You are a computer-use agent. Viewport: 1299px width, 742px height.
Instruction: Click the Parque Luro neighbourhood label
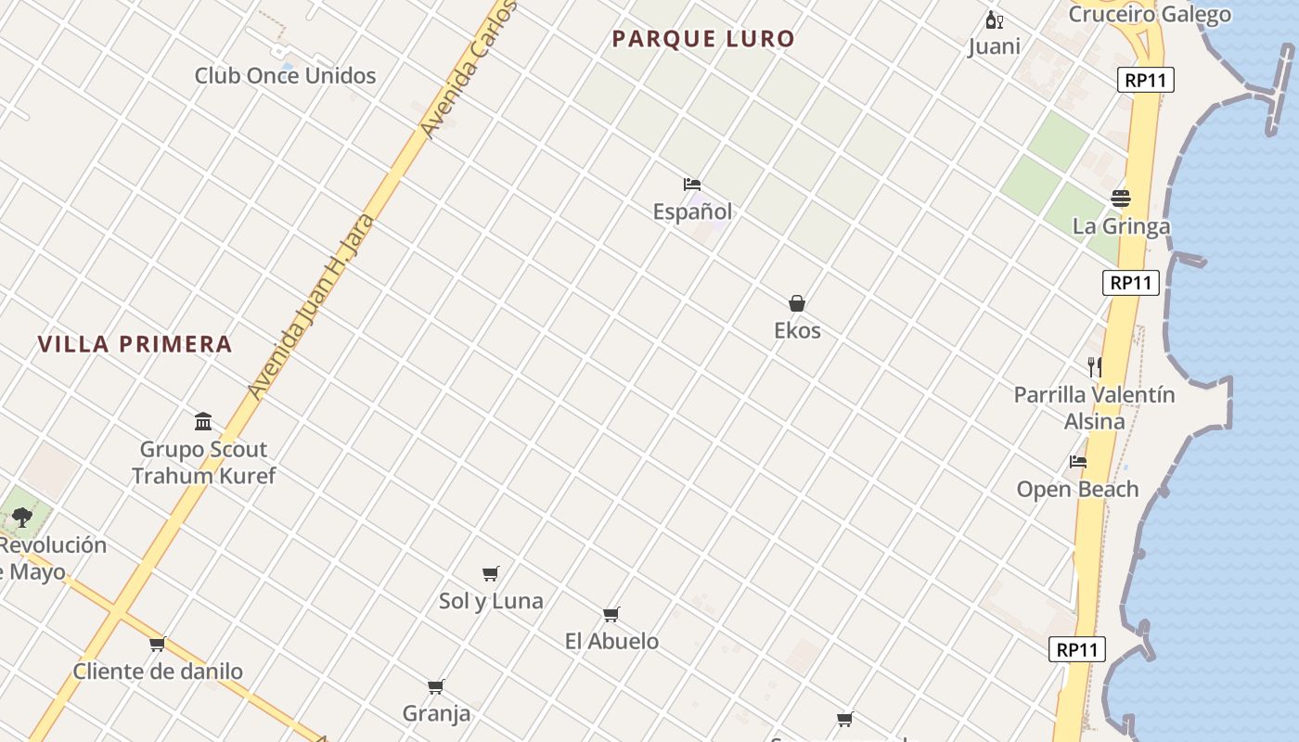[x=703, y=39]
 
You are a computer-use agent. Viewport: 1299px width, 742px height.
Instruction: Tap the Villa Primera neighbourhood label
[x=135, y=344]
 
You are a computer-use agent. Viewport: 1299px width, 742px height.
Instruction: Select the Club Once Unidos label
[x=285, y=76]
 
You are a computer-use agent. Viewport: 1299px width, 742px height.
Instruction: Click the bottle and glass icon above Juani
[x=994, y=20]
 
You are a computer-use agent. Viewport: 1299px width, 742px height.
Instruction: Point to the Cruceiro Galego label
[x=1150, y=14]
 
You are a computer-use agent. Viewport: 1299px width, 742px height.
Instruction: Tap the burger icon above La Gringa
[x=1121, y=198]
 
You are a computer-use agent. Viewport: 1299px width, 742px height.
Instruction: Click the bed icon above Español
[x=692, y=185]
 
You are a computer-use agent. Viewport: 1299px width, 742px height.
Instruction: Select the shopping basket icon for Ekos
[x=797, y=303]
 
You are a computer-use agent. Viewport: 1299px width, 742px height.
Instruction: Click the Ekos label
[x=797, y=330]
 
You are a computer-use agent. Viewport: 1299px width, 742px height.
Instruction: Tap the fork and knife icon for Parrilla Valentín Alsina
[x=1095, y=367]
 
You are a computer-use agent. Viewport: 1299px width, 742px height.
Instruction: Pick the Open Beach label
[x=1077, y=489]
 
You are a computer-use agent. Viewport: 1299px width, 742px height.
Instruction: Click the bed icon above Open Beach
[x=1077, y=461]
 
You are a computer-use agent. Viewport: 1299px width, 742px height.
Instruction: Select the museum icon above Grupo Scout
[x=203, y=422]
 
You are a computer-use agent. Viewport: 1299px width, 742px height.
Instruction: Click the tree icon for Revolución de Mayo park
[x=22, y=518]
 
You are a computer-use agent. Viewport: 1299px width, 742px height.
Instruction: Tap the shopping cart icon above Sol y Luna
[x=491, y=573]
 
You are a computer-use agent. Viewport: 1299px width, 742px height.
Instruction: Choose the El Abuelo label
[x=611, y=641]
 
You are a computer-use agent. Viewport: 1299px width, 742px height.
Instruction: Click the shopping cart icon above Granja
[x=436, y=686]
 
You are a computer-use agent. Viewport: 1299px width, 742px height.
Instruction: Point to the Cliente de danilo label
[x=158, y=671]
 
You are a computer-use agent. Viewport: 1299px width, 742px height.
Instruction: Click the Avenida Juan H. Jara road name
[x=312, y=307]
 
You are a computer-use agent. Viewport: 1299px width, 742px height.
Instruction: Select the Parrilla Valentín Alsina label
[x=1094, y=407]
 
